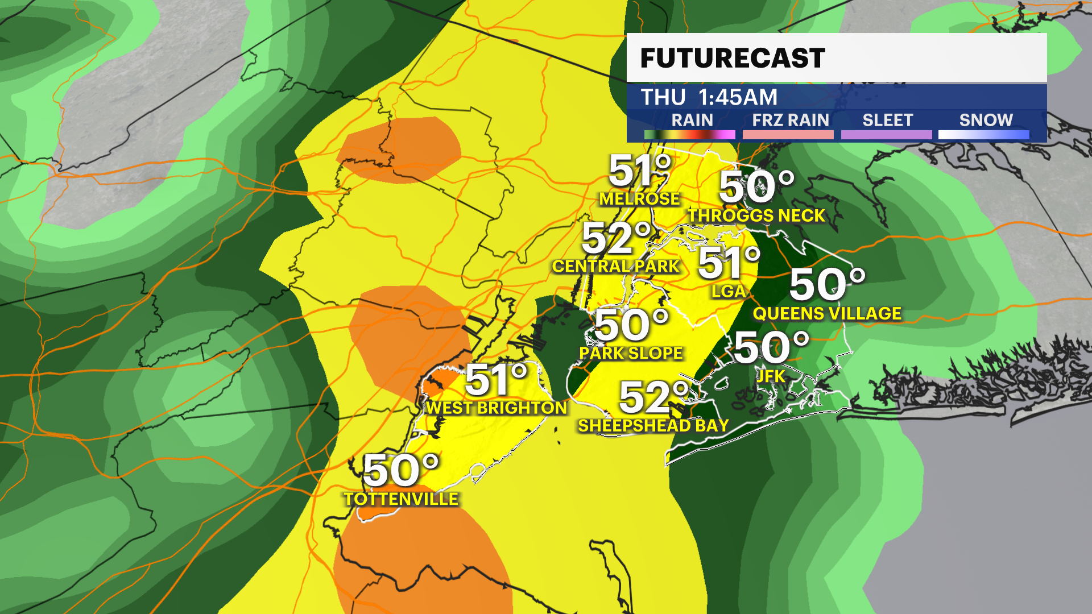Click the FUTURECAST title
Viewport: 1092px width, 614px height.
(733, 58)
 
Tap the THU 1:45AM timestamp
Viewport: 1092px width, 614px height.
(709, 97)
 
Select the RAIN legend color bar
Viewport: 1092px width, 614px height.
(689, 135)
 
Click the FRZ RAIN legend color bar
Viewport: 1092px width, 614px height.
(788, 135)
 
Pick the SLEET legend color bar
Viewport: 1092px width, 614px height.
(886, 135)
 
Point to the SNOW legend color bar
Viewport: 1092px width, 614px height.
(983, 135)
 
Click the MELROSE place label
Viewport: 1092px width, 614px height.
(639, 198)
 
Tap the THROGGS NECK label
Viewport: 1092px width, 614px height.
(756, 215)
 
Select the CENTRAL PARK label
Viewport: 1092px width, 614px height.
(616, 266)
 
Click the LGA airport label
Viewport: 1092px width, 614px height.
(728, 291)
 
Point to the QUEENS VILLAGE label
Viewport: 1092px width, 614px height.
(827, 313)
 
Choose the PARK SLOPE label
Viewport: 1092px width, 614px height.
(631, 353)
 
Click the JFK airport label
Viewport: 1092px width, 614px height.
(771, 376)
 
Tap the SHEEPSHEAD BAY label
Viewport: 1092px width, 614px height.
(653, 425)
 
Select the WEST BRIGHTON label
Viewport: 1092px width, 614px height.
(497, 408)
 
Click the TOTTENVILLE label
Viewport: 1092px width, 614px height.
(401, 499)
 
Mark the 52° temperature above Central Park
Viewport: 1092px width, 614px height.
(617, 239)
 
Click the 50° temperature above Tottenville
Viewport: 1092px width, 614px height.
(401, 471)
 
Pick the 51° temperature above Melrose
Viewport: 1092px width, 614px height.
(640, 171)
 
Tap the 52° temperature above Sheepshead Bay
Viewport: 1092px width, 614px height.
(654, 397)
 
